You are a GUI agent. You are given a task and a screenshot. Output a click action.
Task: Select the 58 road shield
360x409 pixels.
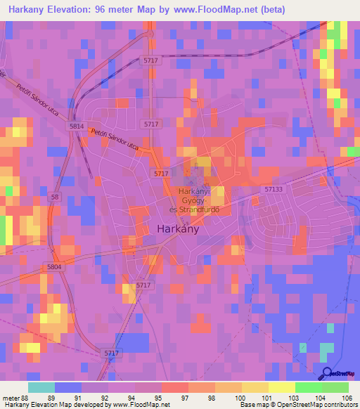pyautogui.click(x=55, y=197)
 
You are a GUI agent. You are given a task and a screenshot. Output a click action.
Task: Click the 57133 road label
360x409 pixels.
pyautogui.click(x=275, y=189)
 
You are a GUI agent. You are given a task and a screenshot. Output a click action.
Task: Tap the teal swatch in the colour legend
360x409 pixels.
pyautogui.click(x=41, y=387)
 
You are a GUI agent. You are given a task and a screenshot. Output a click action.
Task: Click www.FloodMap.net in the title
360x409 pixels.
pyautogui.click(x=231, y=9)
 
